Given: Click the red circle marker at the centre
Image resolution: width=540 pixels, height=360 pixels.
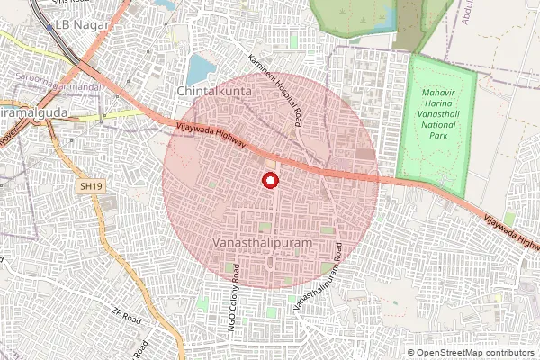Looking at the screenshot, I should (269, 180).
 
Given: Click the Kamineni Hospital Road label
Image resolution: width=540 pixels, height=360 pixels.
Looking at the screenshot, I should (275, 88).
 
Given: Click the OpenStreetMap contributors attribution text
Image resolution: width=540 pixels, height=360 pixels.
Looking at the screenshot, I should (474, 352).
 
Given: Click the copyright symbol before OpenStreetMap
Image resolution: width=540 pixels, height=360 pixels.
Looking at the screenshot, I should (411, 352).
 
